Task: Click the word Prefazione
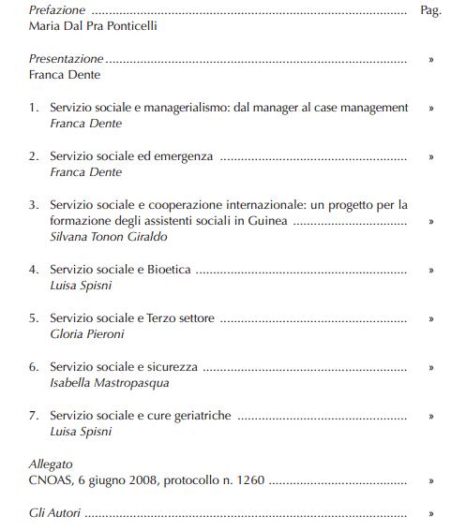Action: [x=56, y=10]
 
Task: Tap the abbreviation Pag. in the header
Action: [x=430, y=10]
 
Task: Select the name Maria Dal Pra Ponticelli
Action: [x=93, y=26]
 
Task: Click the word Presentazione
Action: [x=66, y=58]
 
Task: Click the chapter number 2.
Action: [x=33, y=156]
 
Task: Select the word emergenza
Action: [x=184, y=156]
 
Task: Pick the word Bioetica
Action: [x=168, y=270]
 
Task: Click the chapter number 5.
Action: [x=33, y=318]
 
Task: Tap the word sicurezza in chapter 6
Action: [x=170, y=367]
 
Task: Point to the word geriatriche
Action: [x=197, y=416]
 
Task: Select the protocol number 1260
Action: [x=248, y=481]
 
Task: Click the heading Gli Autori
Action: [x=54, y=513]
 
